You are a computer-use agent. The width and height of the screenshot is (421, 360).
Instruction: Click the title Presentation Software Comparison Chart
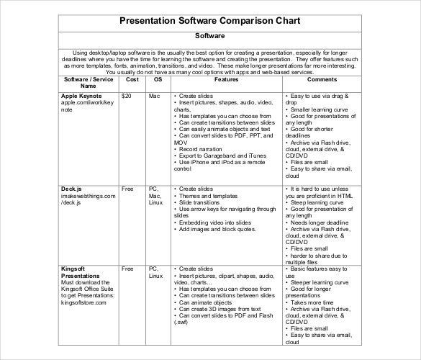pos(210,21)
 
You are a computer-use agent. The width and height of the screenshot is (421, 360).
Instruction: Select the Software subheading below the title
pos(210,35)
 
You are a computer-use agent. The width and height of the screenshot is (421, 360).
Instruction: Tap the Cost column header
pos(131,79)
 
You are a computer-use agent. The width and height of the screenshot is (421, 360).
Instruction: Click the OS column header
pos(158,79)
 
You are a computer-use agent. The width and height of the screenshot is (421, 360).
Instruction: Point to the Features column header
pos(226,79)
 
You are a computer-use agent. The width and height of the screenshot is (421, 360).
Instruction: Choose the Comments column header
pos(322,79)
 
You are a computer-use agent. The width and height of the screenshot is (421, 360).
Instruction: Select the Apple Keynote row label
pos(82,95)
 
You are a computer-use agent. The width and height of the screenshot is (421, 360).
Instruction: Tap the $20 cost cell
pos(127,95)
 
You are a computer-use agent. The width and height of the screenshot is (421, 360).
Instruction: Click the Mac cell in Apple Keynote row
pos(154,95)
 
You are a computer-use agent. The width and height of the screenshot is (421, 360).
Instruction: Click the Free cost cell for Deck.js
pos(128,189)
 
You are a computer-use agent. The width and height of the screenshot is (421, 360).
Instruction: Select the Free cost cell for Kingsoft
pos(128,269)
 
